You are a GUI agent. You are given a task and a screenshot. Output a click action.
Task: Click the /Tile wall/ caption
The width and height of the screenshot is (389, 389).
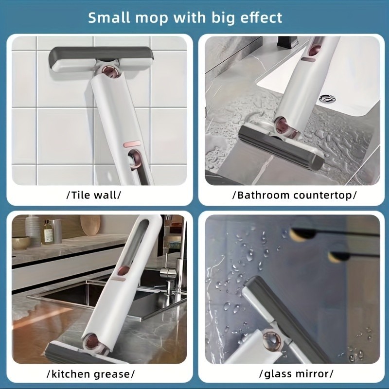coord(93,195)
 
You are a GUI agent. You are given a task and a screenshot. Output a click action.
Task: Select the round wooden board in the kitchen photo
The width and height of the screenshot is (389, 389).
coord(89,227)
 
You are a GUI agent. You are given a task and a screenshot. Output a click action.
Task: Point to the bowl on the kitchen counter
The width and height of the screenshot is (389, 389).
coord(21,243)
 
